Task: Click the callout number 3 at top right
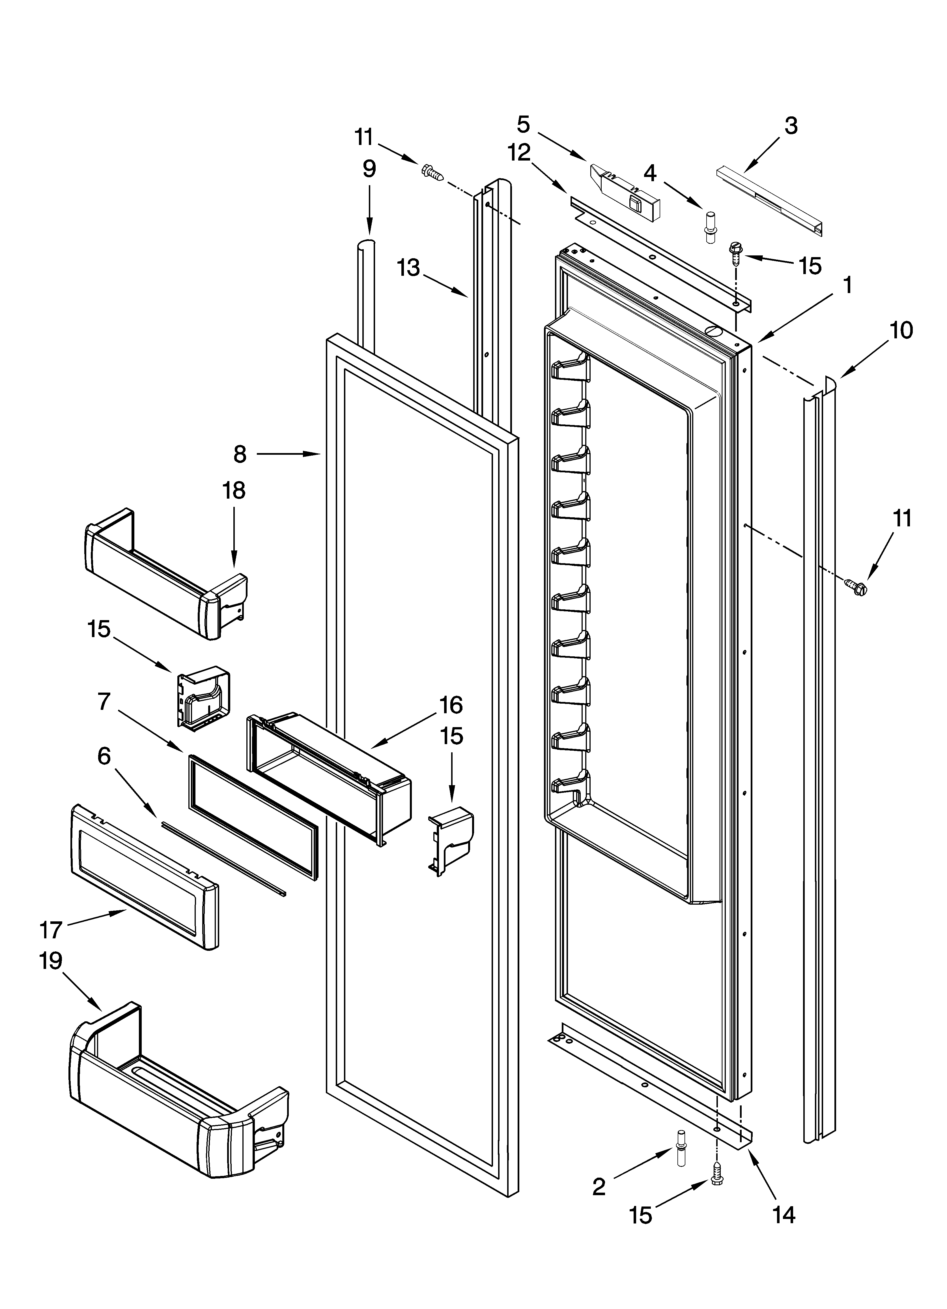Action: (x=791, y=126)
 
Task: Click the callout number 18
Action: (x=234, y=491)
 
